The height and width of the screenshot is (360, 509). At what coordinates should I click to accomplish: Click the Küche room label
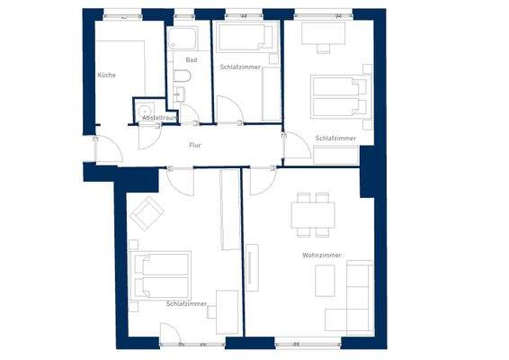(106, 76)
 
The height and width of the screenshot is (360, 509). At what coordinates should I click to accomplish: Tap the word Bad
(190, 59)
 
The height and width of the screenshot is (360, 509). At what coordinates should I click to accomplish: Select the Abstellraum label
(158, 118)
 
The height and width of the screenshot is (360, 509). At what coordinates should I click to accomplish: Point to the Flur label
(194, 144)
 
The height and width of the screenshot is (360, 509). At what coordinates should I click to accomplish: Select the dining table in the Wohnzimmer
(313, 214)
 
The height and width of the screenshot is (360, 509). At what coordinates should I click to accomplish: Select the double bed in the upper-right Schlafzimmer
(340, 95)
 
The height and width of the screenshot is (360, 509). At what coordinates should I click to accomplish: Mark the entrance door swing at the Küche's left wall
(108, 149)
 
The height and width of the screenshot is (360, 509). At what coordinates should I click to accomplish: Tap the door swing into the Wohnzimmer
(263, 181)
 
